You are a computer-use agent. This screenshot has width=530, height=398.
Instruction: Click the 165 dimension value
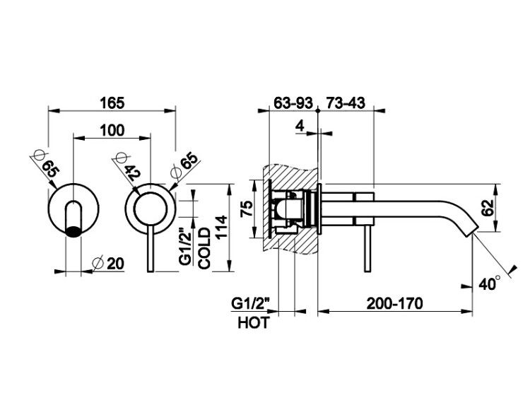112,103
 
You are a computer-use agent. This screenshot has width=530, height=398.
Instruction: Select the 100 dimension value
112,130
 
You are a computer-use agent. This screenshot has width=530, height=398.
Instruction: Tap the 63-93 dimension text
293,103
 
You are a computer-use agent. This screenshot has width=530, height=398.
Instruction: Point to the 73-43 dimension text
346,103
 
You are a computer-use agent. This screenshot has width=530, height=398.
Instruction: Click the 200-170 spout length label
395,303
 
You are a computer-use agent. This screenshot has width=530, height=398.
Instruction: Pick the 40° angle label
489,283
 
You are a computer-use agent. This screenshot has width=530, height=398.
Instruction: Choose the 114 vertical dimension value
221,227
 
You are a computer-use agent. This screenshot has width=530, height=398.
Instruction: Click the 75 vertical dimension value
247,209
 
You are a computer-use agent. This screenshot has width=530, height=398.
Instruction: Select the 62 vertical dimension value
488,208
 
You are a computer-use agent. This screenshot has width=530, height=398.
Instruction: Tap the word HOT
254,322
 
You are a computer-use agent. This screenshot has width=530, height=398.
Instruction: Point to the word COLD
204,249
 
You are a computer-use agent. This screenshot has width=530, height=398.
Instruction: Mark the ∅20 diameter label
108,264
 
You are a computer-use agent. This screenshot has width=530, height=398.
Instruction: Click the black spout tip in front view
73,231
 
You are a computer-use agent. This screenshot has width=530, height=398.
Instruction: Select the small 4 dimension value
300,126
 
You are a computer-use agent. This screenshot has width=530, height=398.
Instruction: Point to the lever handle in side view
367,248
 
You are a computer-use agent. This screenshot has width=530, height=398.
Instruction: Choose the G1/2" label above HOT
250,303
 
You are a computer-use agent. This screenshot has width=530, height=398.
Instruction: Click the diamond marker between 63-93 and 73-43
318,110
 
